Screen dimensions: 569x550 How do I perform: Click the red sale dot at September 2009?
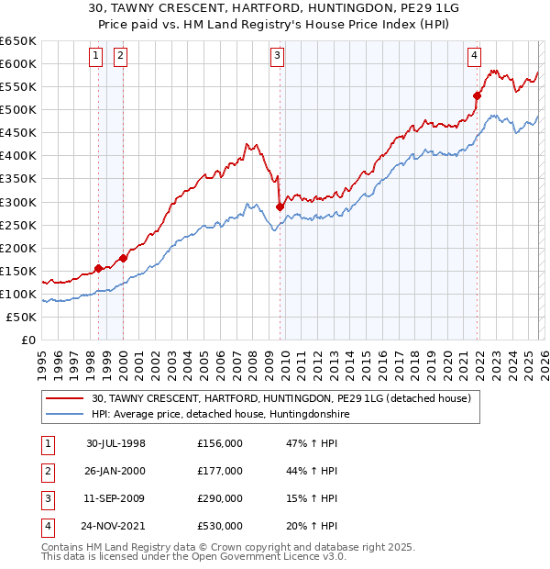pyautogui.click(x=280, y=206)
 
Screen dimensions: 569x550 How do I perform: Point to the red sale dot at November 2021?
pyautogui.click(x=478, y=95)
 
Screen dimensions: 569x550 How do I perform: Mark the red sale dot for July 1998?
pyautogui.click(x=99, y=268)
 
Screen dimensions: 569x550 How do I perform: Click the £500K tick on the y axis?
pyautogui.click(x=18, y=109)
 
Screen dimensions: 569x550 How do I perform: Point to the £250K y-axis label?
pyautogui.click(x=18, y=225)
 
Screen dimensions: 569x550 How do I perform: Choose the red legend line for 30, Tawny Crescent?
pyautogui.click(x=65, y=399)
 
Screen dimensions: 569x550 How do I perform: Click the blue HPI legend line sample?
pyautogui.click(x=65, y=414)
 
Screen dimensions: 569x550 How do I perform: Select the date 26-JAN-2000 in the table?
pyautogui.click(x=115, y=471)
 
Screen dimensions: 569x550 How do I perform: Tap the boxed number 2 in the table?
pyautogui.click(x=46, y=471)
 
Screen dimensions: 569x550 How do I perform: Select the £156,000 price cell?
pyautogui.click(x=220, y=443)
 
